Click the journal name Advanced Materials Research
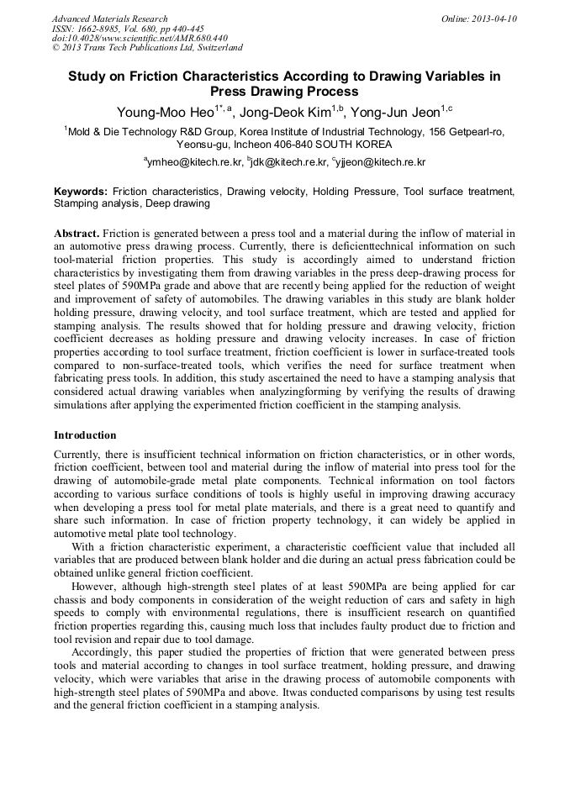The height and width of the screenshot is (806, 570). pos(109,18)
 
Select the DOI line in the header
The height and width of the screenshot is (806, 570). pos(140,38)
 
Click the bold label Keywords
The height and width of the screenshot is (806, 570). pos(81,192)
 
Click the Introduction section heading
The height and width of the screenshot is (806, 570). pos(85,435)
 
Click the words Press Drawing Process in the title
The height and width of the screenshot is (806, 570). pos(284,92)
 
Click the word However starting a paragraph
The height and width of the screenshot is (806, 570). pos(98,586)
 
